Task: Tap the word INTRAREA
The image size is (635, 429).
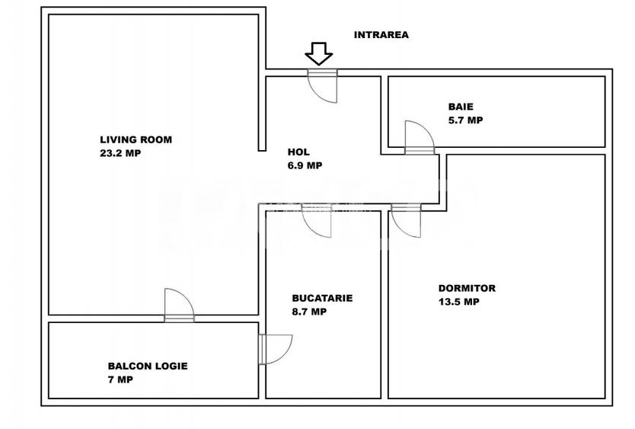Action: click(381, 34)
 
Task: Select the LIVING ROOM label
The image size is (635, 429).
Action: click(136, 139)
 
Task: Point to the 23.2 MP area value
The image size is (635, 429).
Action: click(120, 152)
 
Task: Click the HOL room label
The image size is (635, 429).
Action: click(298, 152)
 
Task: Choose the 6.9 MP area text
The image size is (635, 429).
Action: click(305, 165)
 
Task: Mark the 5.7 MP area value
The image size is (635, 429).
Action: click(465, 120)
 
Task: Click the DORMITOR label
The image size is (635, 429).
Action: click(467, 288)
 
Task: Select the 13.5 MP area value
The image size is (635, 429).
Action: click(458, 302)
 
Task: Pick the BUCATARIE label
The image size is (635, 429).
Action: click(322, 298)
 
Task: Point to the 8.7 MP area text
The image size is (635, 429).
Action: click(309, 311)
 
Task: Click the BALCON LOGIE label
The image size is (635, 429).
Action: click(147, 366)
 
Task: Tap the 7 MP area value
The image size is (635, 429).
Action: click(120, 379)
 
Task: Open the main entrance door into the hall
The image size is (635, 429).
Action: click(323, 86)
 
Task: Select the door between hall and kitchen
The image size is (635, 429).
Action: click(317, 221)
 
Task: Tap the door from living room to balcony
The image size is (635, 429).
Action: click(179, 305)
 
